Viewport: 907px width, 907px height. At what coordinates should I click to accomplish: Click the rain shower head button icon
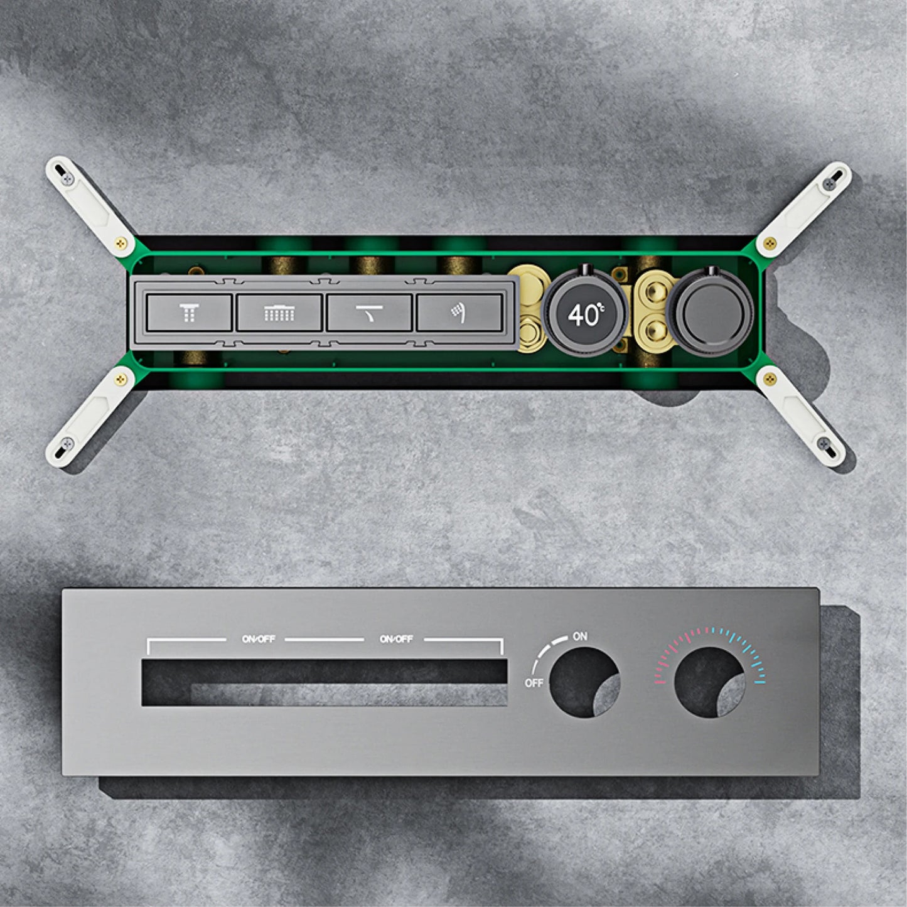tap(189, 313)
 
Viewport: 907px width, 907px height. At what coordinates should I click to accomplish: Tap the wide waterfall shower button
tap(279, 313)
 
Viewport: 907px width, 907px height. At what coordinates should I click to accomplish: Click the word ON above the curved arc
tap(580, 636)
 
